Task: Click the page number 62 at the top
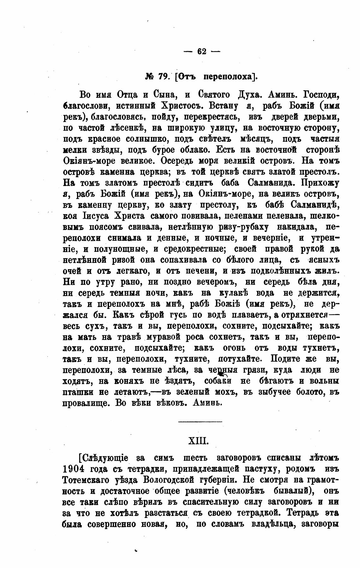pos(201,51)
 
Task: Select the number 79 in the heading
pos(164,77)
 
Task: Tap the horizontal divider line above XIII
pos(200,421)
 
